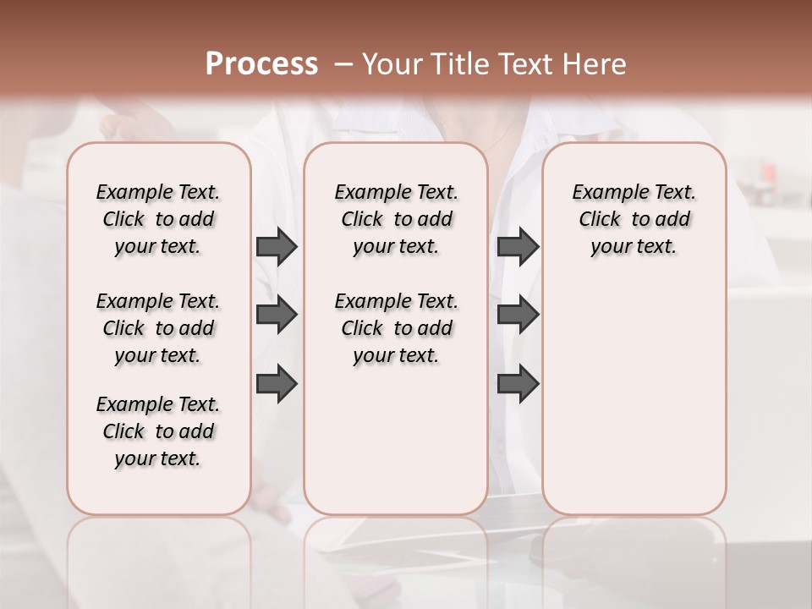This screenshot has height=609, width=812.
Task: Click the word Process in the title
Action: pyautogui.click(x=261, y=64)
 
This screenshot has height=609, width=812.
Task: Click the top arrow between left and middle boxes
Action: pyautogui.click(x=277, y=246)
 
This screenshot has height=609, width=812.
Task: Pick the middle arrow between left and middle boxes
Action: pyautogui.click(x=277, y=315)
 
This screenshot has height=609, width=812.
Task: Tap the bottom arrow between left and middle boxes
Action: pyautogui.click(x=277, y=384)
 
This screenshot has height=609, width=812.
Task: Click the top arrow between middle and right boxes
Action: pyautogui.click(x=518, y=246)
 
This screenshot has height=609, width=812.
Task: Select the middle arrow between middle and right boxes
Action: pyautogui.click(x=518, y=315)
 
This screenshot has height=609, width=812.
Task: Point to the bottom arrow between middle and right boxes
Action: pyautogui.click(x=518, y=384)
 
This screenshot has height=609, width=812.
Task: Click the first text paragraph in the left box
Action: pyautogui.click(x=158, y=219)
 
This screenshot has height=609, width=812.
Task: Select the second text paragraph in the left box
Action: pyautogui.click(x=158, y=328)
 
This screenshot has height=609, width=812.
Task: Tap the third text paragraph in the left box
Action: pyautogui.click(x=158, y=431)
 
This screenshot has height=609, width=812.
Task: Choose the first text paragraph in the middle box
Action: pyautogui.click(x=396, y=219)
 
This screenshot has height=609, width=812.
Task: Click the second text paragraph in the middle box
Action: pyautogui.click(x=396, y=328)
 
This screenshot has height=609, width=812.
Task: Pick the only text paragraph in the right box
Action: pyautogui.click(x=634, y=219)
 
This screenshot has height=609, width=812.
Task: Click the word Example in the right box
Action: pyautogui.click(x=605, y=193)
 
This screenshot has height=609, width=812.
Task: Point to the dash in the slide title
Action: pyautogui.click(x=344, y=64)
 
